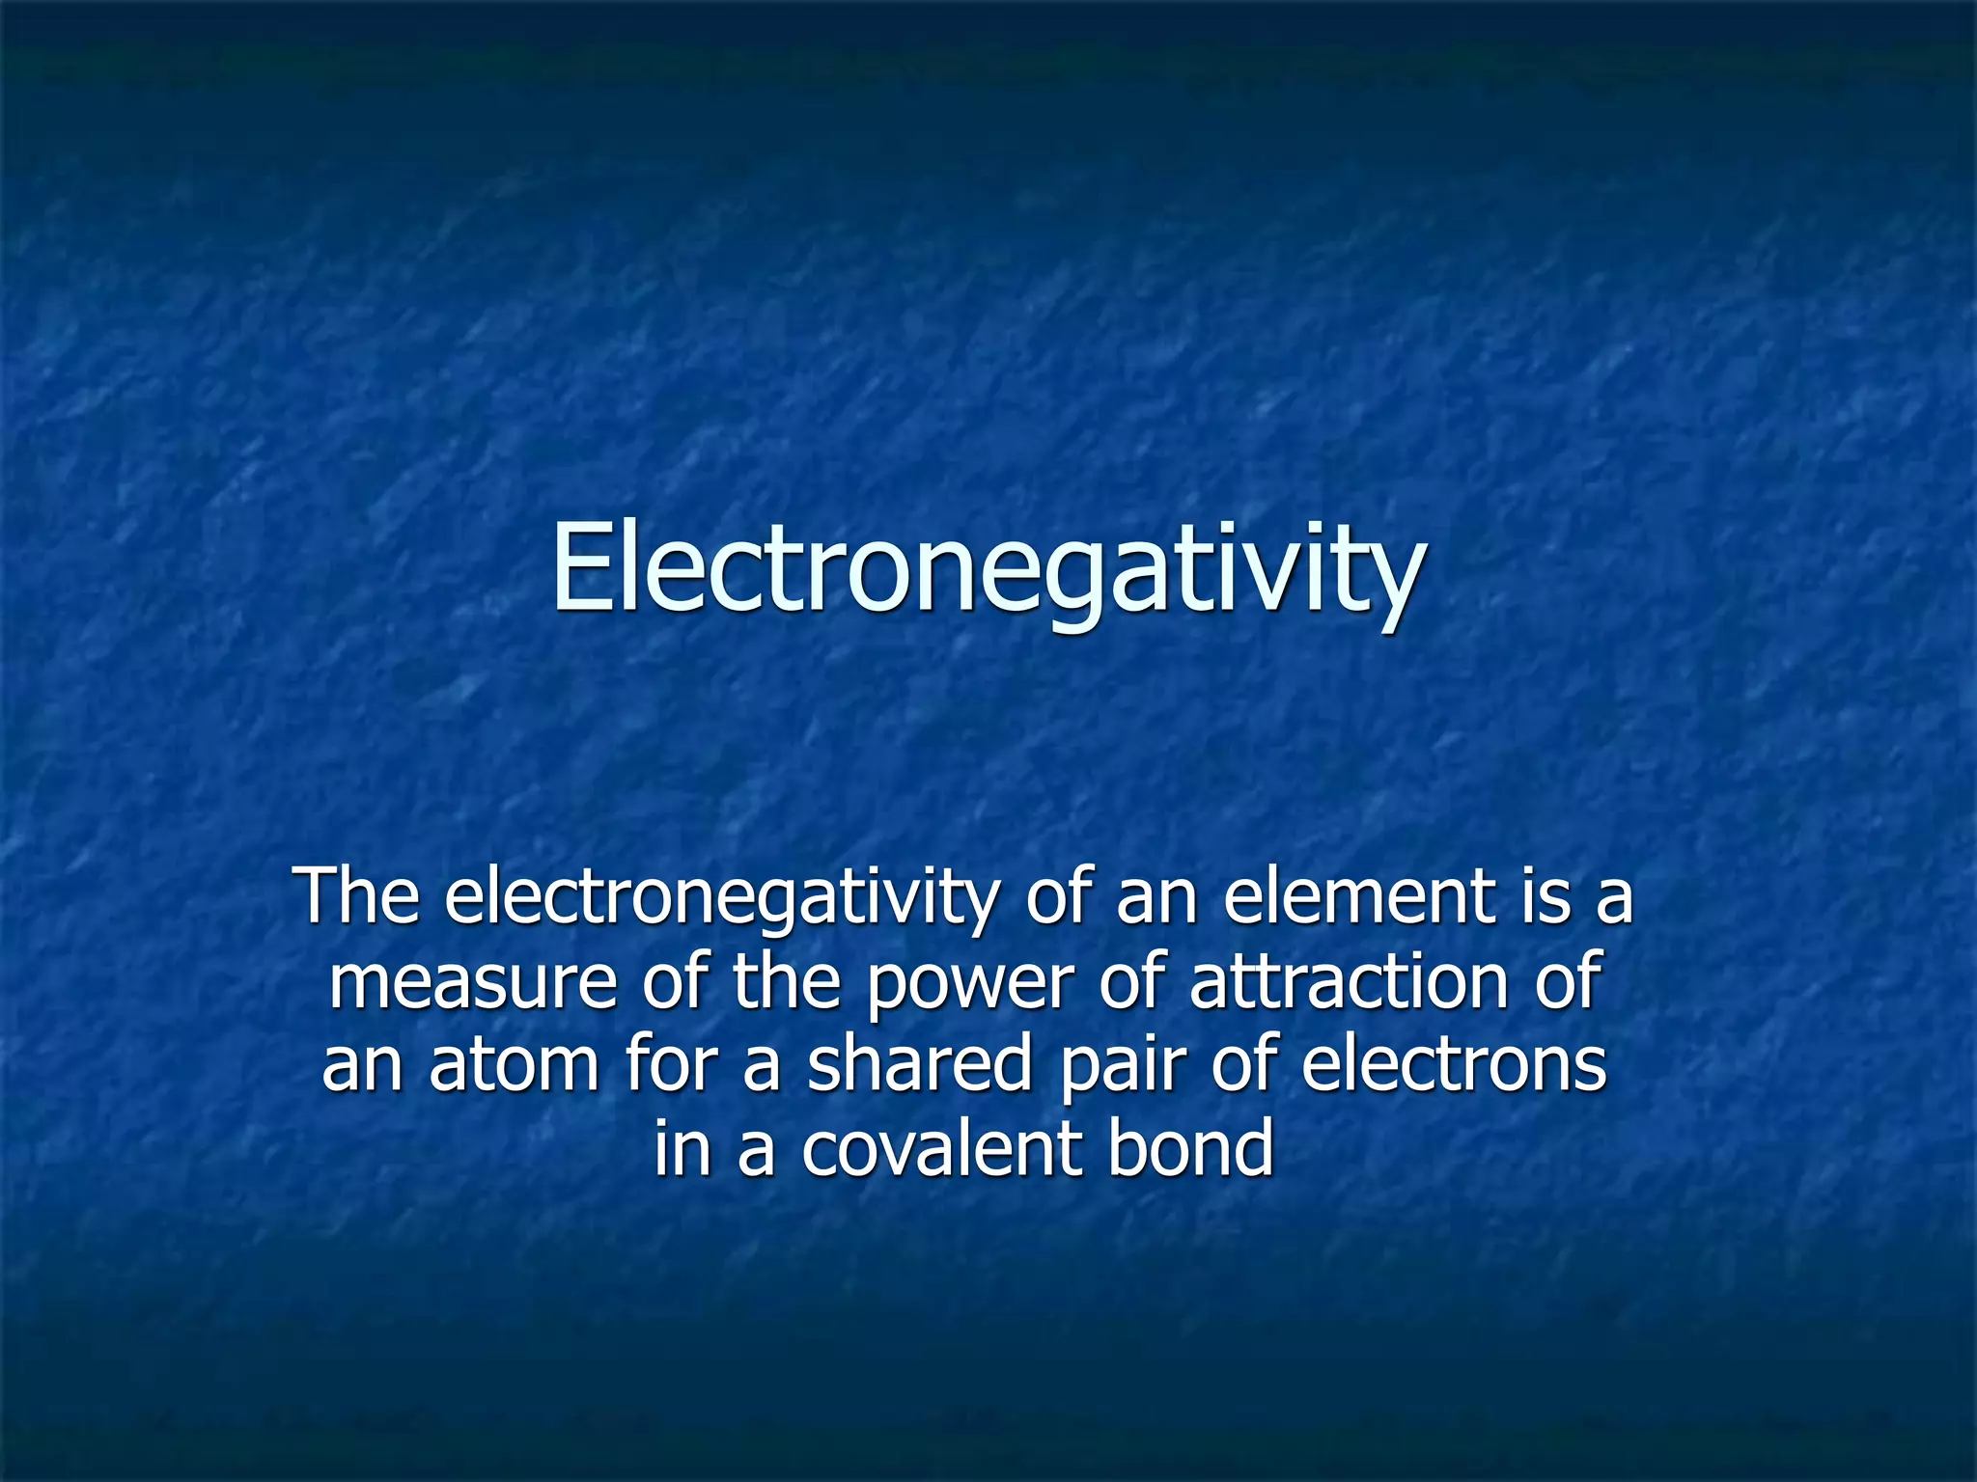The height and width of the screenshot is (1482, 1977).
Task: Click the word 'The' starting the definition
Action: coord(360,896)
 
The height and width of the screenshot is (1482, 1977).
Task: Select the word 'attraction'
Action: coord(1348,982)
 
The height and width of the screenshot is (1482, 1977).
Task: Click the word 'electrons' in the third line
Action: coord(1454,1067)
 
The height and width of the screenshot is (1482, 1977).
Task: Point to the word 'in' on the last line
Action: coord(682,1149)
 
